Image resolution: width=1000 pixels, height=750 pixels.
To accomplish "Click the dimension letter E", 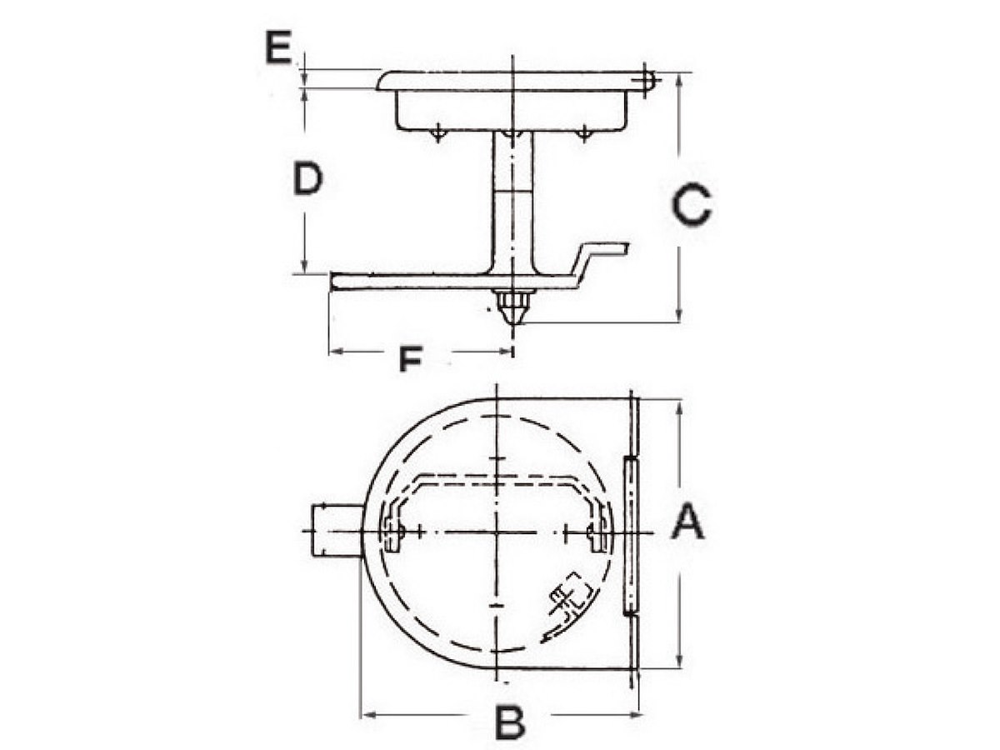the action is (x=278, y=47).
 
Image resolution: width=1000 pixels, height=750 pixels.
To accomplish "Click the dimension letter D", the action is (x=308, y=179).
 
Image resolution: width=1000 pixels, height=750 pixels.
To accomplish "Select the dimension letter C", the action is (x=692, y=204).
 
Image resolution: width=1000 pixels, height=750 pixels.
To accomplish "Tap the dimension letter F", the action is (x=410, y=359).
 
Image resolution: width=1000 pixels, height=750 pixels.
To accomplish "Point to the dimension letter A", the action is (x=688, y=524).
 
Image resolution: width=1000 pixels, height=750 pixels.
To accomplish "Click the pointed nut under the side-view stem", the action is (x=513, y=307).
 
